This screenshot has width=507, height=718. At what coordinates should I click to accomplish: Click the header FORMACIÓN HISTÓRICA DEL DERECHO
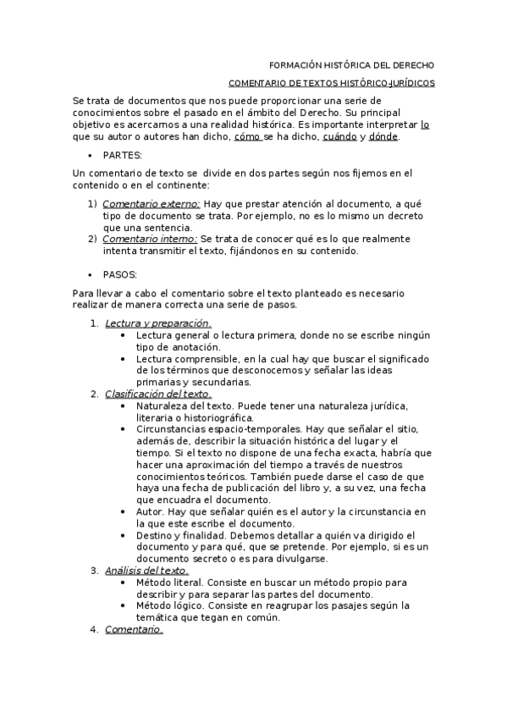pyautogui.click(x=351, y=65)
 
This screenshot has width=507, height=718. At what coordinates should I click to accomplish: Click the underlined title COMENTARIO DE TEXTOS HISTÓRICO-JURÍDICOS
pyautogui.click(x=332, y=84)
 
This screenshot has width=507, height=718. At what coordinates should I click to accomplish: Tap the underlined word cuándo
pyautogui.click(x=339, y=136)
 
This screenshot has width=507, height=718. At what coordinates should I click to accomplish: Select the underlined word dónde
pyautogui.click(x=383, y=136)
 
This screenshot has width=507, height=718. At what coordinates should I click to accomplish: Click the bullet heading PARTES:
pyautogui.click(x=122, y=156)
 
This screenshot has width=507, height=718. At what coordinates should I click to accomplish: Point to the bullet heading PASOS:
pyautogui.click(x=119, y=275)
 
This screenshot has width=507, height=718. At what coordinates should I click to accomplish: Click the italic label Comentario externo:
pyautogui.click(x=151, y=204)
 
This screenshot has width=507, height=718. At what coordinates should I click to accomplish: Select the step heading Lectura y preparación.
pyautogui.click(x=157, y=323)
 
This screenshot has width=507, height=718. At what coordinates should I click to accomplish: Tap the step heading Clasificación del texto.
pyautogui.click(x=157, y=394)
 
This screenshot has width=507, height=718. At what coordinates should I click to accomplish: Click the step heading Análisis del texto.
pyautogui.click(x=146, y=570)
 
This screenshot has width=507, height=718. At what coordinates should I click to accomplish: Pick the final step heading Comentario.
pyautogui.click(x=134, y=629)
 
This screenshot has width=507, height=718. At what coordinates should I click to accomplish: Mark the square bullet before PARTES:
pyautogui.click(x=89, y=156)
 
